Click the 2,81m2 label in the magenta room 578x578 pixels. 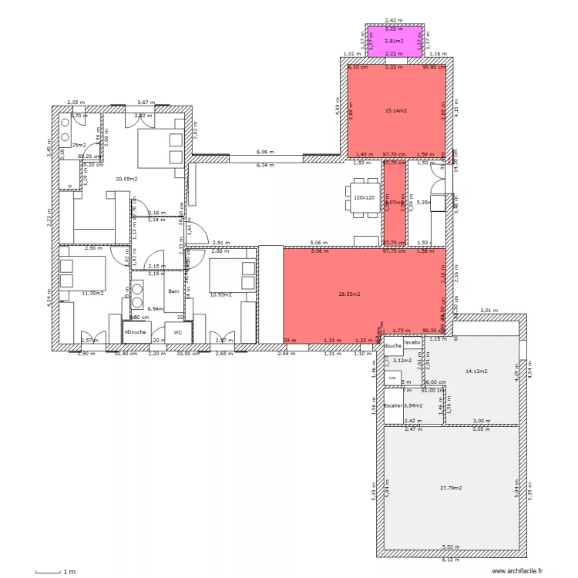coord(395,41)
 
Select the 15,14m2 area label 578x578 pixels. coord(395,111)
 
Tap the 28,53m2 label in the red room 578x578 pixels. coord(351,294)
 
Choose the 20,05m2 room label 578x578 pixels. coord(126,179)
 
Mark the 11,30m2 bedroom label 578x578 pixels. coord(92,294)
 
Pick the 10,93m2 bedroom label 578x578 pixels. coord(220,294)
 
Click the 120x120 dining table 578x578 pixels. coord(364,198)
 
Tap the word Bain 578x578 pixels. coord(174,291)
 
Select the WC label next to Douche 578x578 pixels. coord(177,332)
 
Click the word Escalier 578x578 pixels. coord(393,405)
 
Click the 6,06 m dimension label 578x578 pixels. coord(265,153)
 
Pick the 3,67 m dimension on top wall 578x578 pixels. coord(145,102)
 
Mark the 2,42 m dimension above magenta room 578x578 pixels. coord(394,21)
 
